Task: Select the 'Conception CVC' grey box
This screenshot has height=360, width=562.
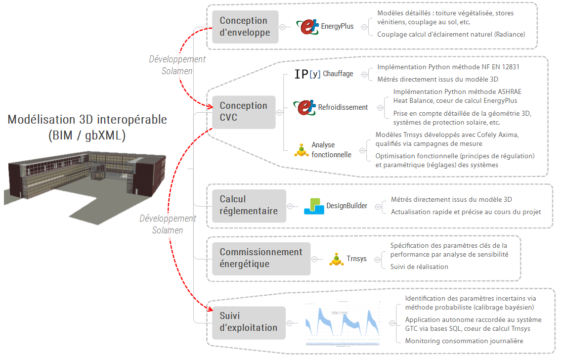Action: click(244, 112)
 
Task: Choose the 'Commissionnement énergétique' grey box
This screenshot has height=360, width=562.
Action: click(261, 258)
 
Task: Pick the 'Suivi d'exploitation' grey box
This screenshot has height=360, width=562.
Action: click(249, 322)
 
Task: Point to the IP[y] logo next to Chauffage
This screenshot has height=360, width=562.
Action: click(307, 74)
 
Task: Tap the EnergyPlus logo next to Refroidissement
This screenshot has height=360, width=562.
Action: click(304, 107)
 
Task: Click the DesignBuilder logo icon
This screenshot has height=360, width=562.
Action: click(314, 206)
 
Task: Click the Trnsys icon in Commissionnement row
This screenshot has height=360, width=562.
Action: click(336, 259)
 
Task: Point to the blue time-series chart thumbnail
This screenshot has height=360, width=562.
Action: click(343, 323)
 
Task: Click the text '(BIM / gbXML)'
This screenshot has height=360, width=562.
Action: click(87, 135)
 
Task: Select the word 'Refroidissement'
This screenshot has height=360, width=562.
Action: click(343, 107)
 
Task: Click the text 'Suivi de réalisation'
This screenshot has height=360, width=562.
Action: click(419, 267)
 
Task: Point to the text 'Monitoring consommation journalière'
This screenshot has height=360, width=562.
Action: click(463, 341)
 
